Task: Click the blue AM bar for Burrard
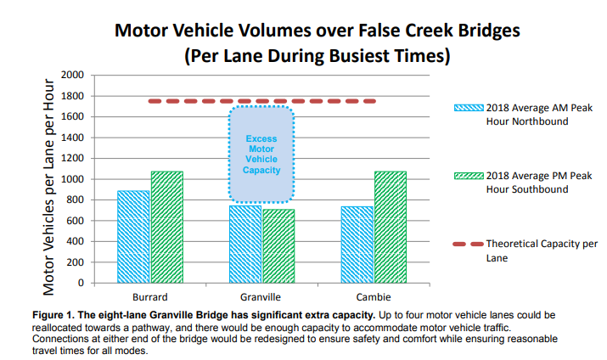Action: coord(133,237)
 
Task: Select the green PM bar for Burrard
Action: coord(166,227)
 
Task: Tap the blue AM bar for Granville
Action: coord(244,244)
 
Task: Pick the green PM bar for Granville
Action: coord(278,245)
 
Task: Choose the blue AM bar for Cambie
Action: coord(357,245)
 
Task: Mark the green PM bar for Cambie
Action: coord(391,227)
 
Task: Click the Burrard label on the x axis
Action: coord(149,297)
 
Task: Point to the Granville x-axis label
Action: coord(261,297)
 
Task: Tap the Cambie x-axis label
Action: coord(374,297)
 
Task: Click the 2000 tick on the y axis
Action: coord(71,76)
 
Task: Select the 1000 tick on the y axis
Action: coord(71,179)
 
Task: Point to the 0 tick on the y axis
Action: coord(81,283)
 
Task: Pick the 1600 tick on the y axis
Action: coord(71,117)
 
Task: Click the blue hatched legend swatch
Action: coord(468,109)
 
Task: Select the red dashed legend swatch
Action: coord(468,244)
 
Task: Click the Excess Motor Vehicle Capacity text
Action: coord(261,155)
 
